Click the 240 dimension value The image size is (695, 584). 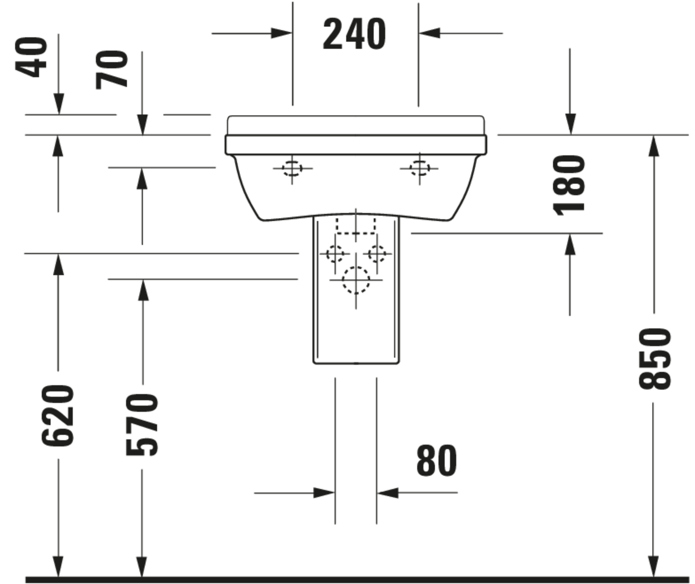tap(354, 34)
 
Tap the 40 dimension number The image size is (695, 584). tap(31, 57)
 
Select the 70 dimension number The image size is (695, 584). tap(112, 70)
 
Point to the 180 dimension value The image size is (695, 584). tap(569, 185)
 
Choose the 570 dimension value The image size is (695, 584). tap(142, 425)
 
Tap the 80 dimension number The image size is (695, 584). tap(436, 461)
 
